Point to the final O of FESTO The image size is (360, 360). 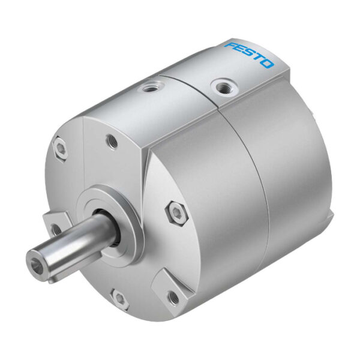267,64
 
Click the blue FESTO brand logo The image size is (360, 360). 250,55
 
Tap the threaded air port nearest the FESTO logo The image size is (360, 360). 225,87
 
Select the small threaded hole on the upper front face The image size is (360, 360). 112,141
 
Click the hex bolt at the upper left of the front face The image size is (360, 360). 60,148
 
